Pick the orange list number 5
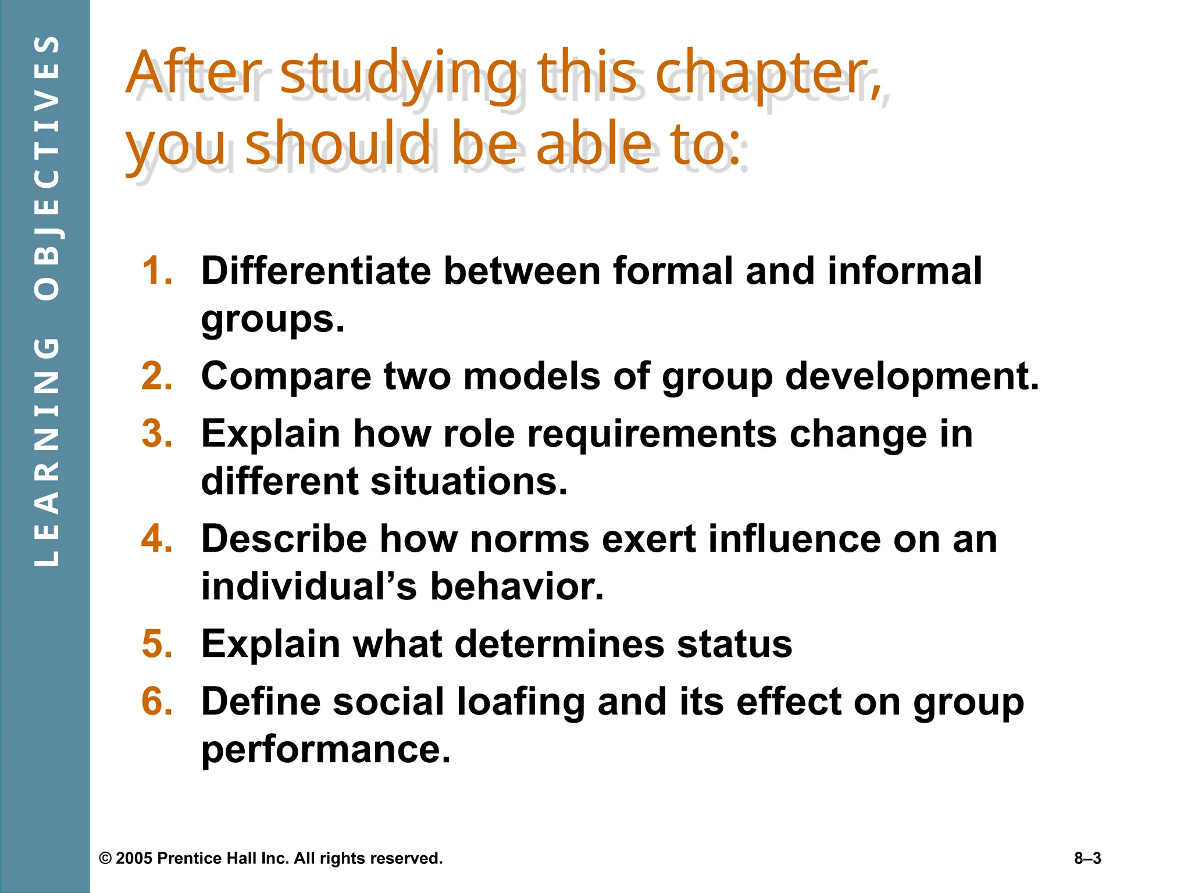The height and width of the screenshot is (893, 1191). pos(157,644)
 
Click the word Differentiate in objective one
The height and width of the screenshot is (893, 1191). pos(316,271)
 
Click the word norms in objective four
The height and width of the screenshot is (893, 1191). pos(529,539)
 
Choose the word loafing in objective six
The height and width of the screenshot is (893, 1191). pos(520,702)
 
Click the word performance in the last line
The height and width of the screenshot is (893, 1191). pos(326,749)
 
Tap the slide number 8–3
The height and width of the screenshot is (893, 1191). pos(1087,858)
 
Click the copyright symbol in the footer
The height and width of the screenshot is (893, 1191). pos(105,859)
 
